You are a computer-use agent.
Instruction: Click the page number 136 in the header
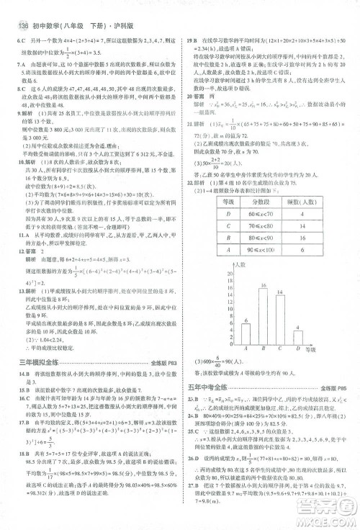pos(18,6)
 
